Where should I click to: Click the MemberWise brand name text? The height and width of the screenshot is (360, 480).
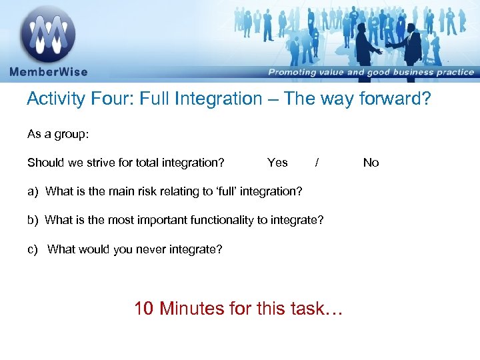pyautogui.click(x=47, y=71)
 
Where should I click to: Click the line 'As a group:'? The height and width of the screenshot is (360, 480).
pyautogui.click(x=58, y=134)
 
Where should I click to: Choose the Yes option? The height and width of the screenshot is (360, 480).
pyautogui.click(x=277, y=163)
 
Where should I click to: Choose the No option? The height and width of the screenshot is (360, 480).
pyautogui.click(x=371, y=163)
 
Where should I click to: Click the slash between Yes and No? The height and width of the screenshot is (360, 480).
pyautogui.click(x=317, y=163)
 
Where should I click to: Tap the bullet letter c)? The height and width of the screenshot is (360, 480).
pyautogui.click(x=33, y=250)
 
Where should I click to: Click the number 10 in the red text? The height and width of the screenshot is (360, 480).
pyautogui.click(x=145, y=309)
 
